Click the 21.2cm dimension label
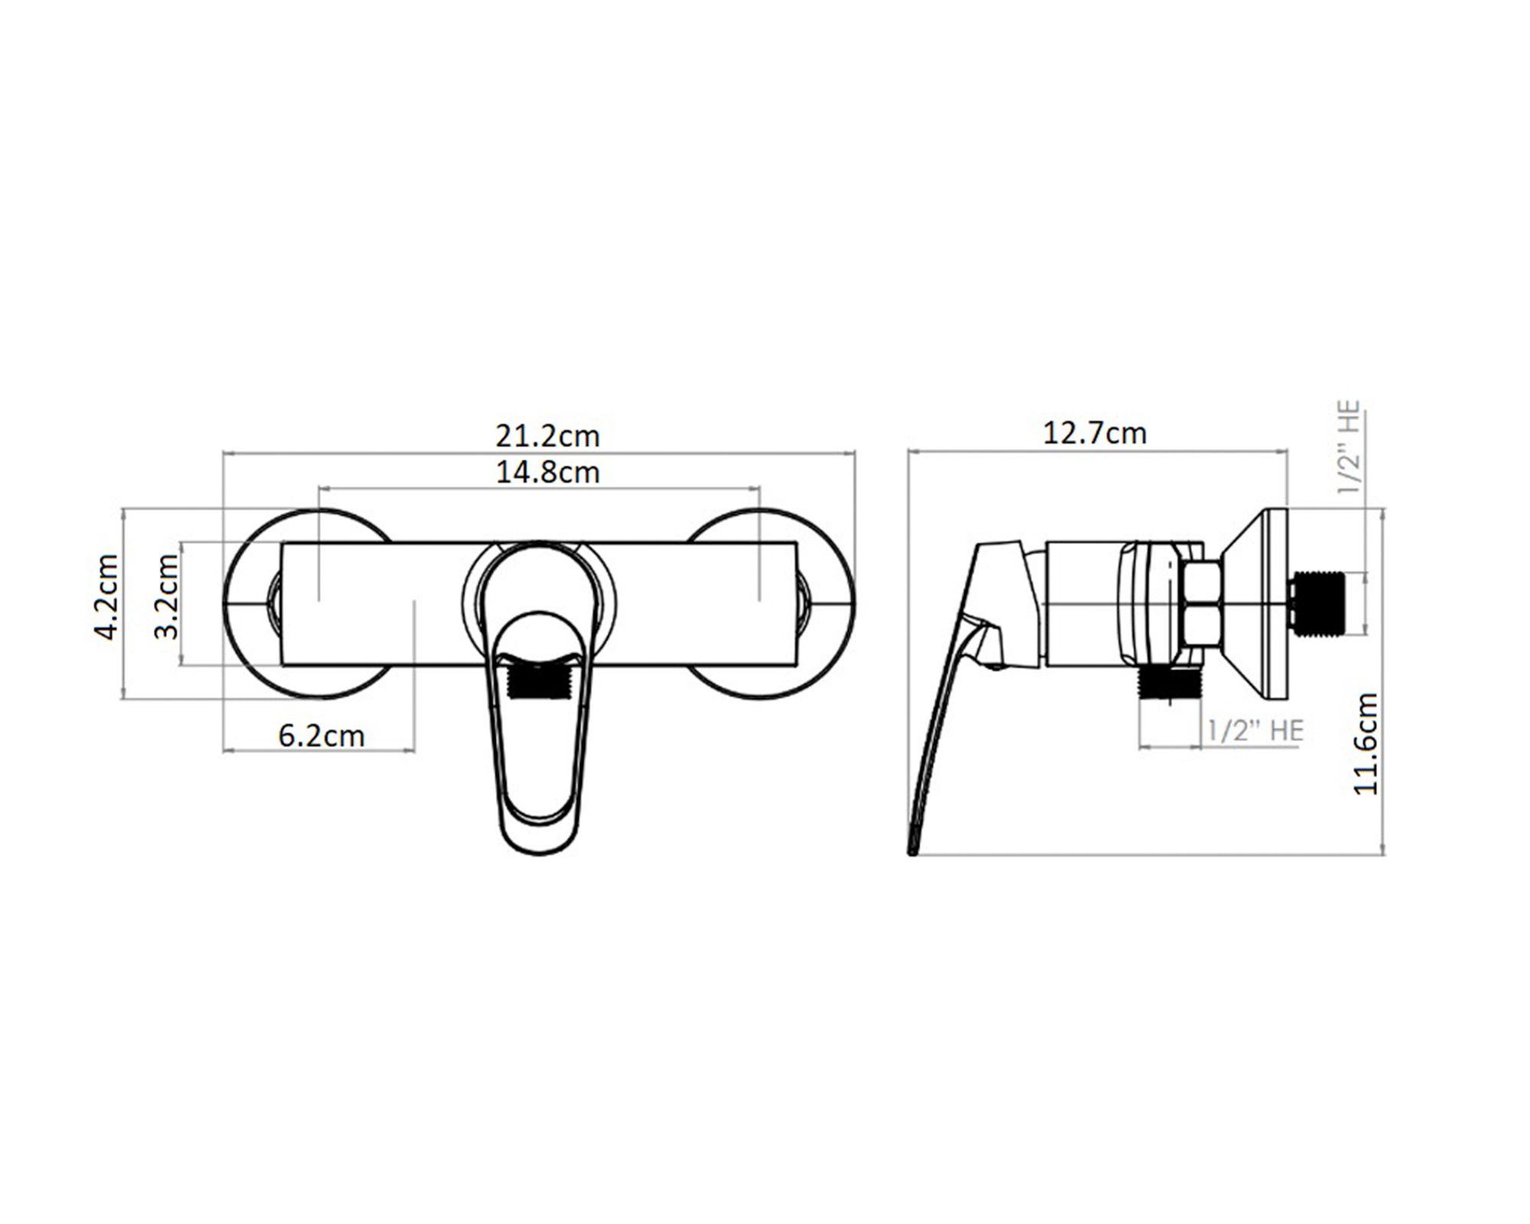[x=548, y=436]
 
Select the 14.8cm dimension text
[x=548, y=472]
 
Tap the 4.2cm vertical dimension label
[x=106, y=597]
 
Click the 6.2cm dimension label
[x=321, y=736]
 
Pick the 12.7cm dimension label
[x=1095, y=434]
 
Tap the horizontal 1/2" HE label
[x=1255, y=730]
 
